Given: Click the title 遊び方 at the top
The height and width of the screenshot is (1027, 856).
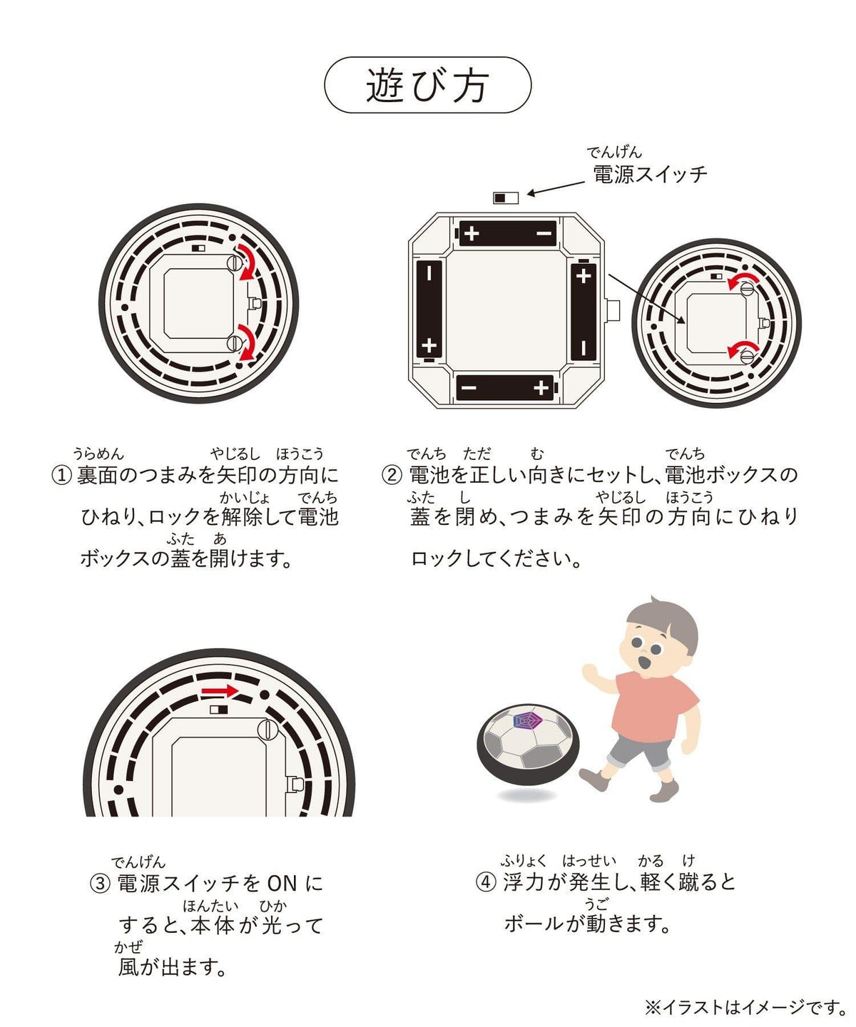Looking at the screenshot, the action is (427, 85).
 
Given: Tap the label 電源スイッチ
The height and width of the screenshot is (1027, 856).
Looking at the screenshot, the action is (649, 174).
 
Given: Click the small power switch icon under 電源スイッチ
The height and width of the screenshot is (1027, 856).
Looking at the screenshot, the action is (506, 198).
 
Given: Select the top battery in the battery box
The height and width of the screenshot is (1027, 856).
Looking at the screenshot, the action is (508, 233).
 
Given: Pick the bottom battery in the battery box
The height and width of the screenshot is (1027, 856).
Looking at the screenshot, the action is (506, 387).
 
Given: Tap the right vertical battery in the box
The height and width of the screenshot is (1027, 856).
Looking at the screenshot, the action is (584, 311).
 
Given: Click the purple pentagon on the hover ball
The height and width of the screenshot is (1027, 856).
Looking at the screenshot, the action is (528, 720).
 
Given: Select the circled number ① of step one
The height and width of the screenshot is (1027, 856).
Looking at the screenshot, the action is (62, 475).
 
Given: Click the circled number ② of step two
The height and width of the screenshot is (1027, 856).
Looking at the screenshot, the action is (392, 475).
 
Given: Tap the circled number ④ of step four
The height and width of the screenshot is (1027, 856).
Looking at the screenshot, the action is (486, 882).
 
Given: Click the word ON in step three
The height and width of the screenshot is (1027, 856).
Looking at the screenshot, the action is (282, 884).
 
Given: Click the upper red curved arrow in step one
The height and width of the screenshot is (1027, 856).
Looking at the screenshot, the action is (248, 261).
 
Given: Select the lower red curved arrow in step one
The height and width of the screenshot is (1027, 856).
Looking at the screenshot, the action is (248, 342).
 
